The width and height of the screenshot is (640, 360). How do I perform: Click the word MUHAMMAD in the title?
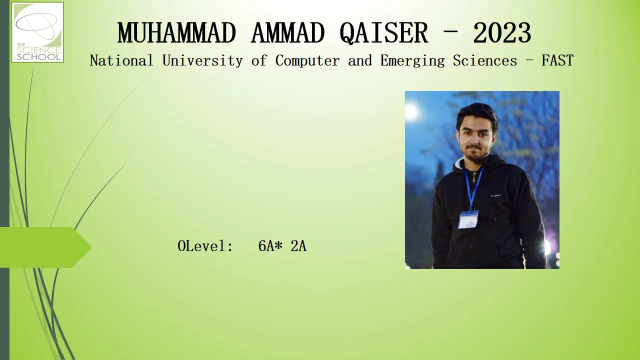tap(176, 33)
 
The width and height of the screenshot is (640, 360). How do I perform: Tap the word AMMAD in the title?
tap(287, 33)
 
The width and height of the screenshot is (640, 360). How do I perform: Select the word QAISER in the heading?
tap(383, 33)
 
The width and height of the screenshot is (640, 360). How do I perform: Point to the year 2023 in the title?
tap(502, 33)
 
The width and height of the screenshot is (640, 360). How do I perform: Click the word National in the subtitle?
tap(121, 60)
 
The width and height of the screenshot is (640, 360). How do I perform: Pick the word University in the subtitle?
tap(202, 61)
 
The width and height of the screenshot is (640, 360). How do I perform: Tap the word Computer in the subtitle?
tap(307, 61)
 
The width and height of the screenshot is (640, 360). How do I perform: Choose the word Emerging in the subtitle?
tap(412, 61)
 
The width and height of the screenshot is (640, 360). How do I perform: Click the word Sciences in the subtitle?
tap(485, 60)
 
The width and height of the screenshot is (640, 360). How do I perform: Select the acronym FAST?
tap(557, 60)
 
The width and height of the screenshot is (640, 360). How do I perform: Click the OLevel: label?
tap(205, 245)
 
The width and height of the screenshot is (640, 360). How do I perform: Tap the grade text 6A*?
tap(270, 245)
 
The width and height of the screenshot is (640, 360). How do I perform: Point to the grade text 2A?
tap(298, 245)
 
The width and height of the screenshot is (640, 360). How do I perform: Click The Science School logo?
tap(37, 32)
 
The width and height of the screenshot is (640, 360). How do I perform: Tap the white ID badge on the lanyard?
tap(468, 219)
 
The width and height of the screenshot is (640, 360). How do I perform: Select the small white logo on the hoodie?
tap(496, 195)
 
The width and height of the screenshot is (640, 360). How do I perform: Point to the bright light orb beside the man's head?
tap(411, 112)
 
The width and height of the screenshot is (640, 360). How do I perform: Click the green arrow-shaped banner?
tap(45, 247)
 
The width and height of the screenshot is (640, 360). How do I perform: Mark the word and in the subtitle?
tap(360, 60)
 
